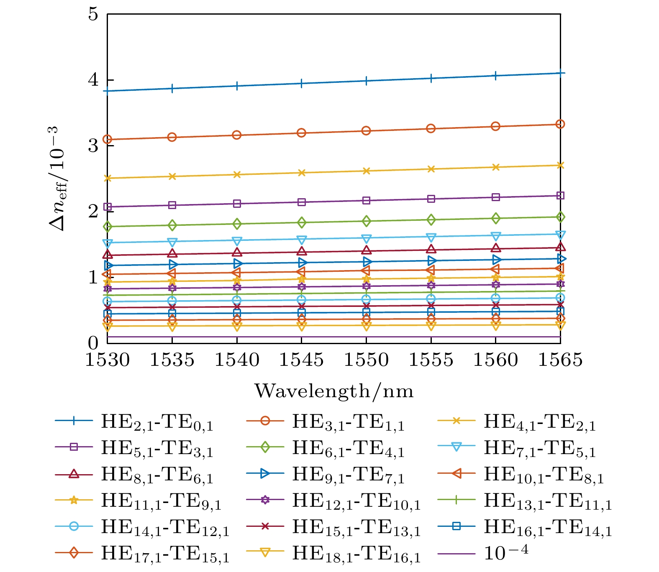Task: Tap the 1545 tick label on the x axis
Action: click(x=301, y=360)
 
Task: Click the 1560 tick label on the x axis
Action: click(x=495, y=360)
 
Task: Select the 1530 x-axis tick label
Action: click(x=108, y=360)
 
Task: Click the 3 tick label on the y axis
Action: click(x=93, y=146)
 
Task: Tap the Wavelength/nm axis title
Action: click(x=334, y=391)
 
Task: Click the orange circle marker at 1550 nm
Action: click(x=366, y=131)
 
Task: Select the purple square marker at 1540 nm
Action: click(x=237, y=204)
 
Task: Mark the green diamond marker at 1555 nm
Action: click(x=431, y=220)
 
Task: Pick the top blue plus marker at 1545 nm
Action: click(x=301, y=84)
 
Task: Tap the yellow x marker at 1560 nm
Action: click(x=495, y=167)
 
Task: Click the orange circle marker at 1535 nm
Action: click(x=172, y=137)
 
